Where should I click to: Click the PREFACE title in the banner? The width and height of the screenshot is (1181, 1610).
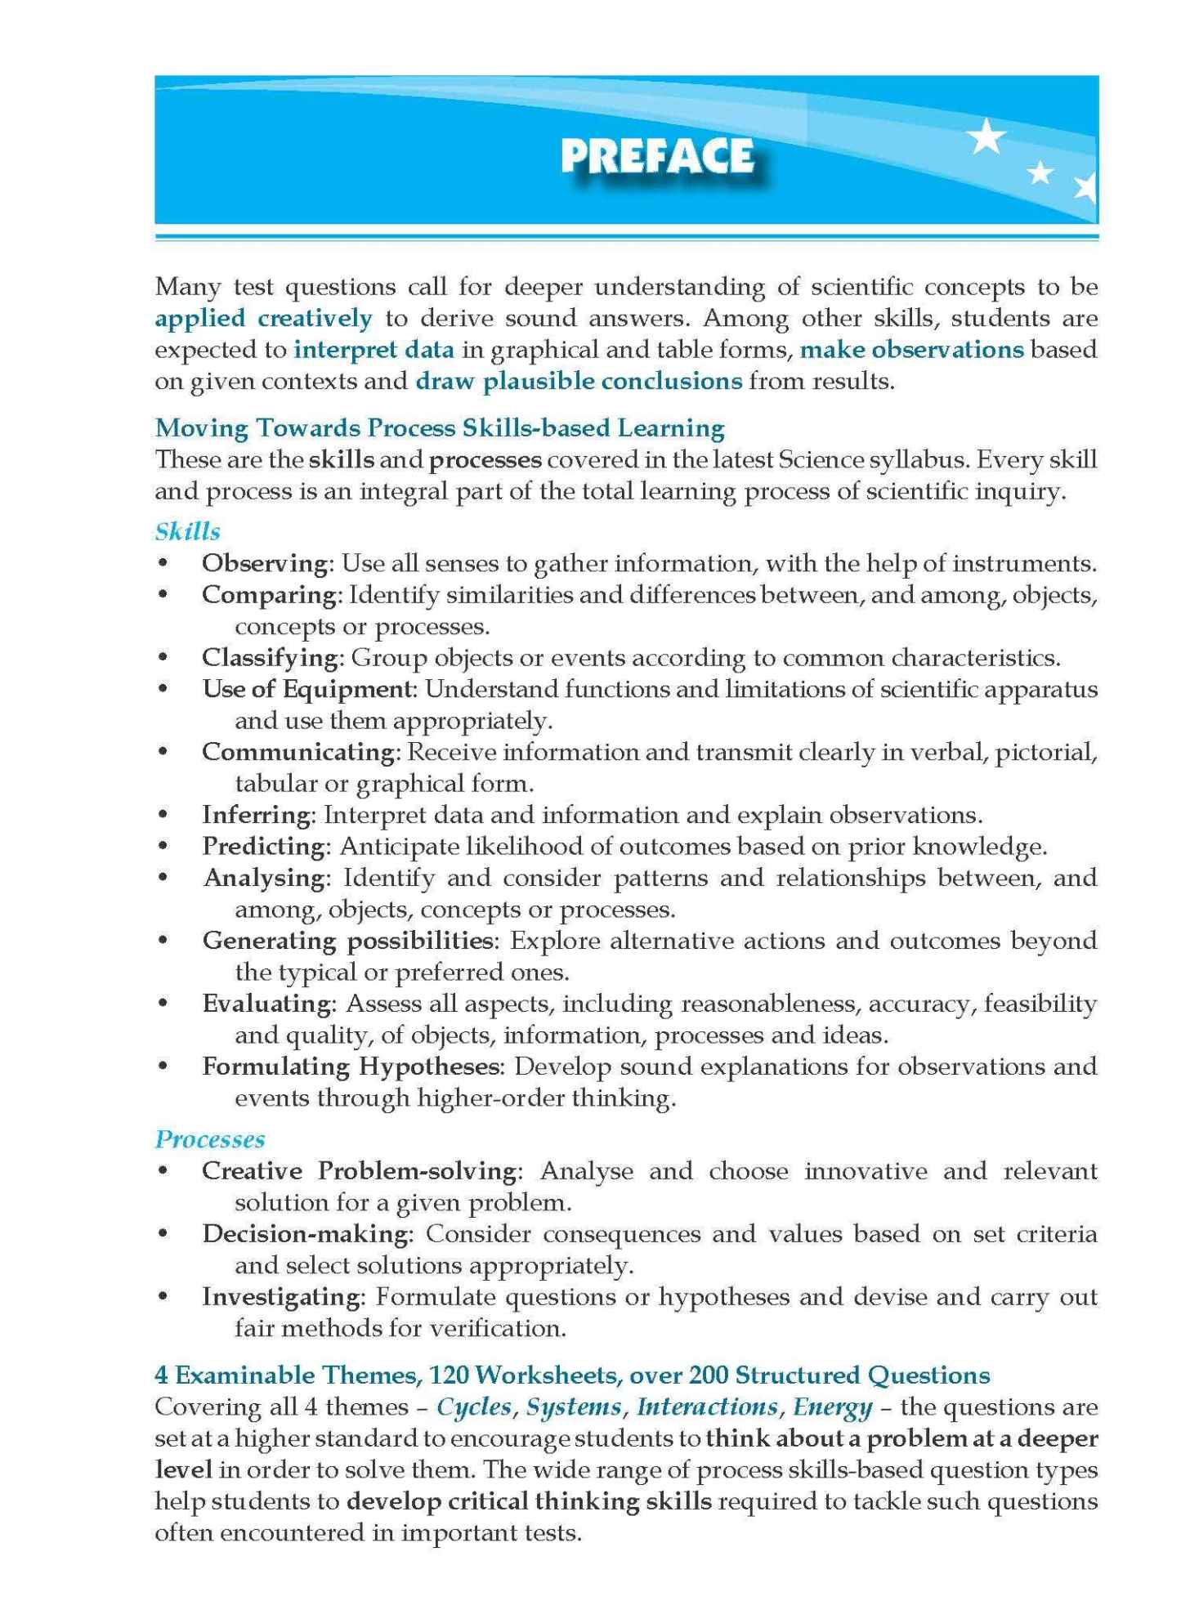pos(656,156)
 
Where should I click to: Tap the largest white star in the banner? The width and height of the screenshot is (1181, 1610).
pos(986,136)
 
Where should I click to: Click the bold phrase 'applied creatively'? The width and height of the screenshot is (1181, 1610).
pos(263,318)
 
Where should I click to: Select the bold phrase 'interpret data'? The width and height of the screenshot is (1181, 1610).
pos(374,350)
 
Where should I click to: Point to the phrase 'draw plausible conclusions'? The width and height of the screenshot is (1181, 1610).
pos(579,381)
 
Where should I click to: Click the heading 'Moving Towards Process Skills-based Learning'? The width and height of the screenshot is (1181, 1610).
pos(440,427)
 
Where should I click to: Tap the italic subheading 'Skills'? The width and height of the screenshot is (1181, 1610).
pos(187,531)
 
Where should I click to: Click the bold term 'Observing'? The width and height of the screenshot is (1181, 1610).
pos(265,563)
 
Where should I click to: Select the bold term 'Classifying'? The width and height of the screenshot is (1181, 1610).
pos(271,657)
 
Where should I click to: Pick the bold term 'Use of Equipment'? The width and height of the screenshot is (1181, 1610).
pos(307,689)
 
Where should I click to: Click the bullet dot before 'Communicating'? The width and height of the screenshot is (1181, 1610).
pos(163,752)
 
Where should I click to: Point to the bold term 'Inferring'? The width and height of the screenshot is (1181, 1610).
pos(256,815)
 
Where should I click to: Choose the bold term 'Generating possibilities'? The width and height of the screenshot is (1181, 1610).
pos(347,941)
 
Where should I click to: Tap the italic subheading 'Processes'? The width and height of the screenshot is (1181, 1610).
pos(210,1139)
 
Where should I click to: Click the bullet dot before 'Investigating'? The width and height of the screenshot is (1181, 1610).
pos(163,1297)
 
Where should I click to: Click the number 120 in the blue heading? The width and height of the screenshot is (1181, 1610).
pos(448,1375)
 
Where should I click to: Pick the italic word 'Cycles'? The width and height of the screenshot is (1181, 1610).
pos(474,1407)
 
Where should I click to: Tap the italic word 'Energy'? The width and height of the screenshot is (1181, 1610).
pos(832,1407)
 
